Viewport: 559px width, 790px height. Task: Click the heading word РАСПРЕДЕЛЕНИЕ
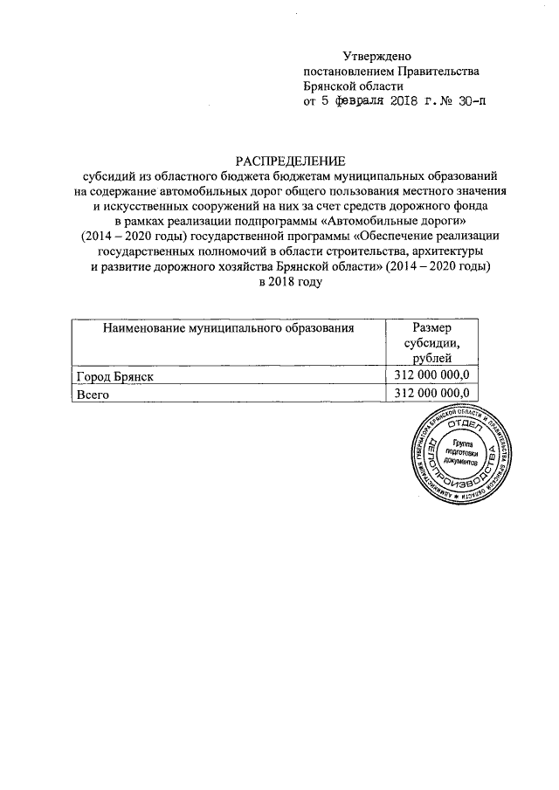click(291, 160)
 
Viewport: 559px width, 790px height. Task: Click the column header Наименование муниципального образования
click(228, 328)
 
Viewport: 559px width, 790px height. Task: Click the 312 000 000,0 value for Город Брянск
click(432, 375)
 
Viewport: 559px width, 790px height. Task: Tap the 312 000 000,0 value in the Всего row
click(432, 395)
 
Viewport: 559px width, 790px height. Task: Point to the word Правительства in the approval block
click(438, 72)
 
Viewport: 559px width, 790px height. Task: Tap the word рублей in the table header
click(432, 359)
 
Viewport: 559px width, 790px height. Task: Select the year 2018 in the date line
click(406, 101)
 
